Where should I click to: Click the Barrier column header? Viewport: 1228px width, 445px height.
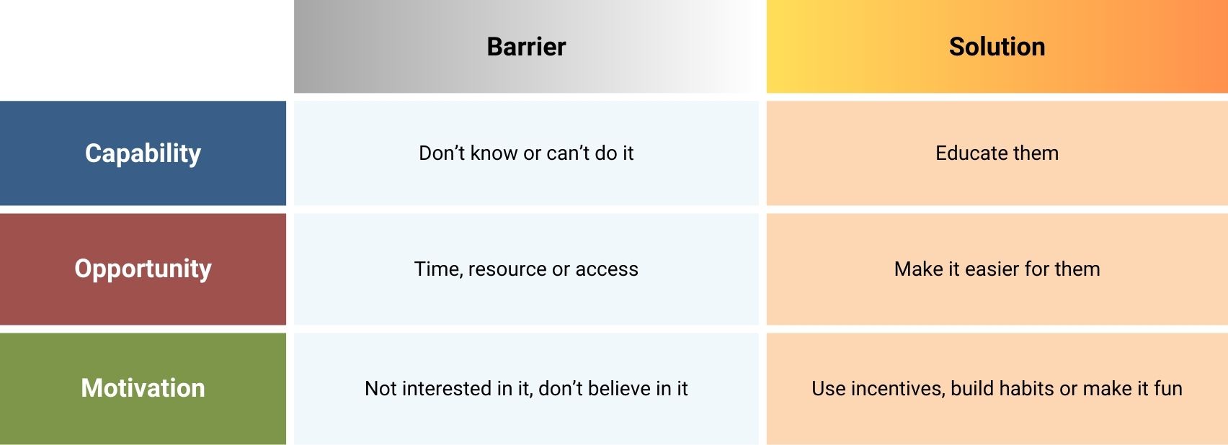coord(526,47)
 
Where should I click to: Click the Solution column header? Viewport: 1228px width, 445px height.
coord(997,47)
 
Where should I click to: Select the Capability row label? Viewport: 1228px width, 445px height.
coord(143,153)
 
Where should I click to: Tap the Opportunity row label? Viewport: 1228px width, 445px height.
coord(143,269)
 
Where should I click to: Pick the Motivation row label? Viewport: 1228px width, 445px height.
coord(143,388)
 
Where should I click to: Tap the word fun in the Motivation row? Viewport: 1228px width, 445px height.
coord(1167,389)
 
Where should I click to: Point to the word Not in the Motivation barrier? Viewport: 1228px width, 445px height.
coord(381,389)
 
